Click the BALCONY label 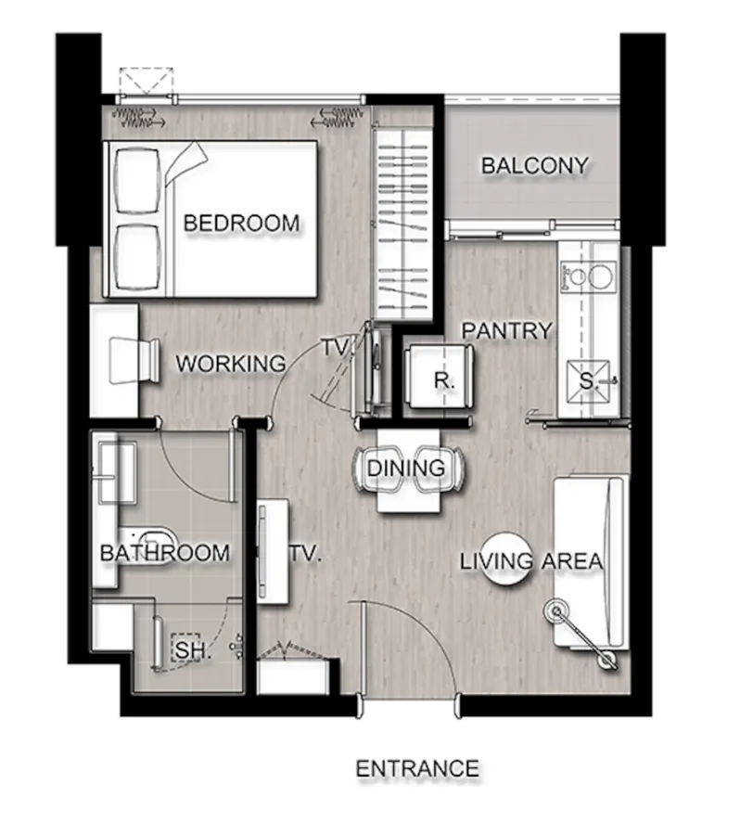tap(535, 166)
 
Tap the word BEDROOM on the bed tap(242, 223)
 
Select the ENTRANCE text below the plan tap(417, 768)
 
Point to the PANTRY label tap(506, 330)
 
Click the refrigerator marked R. tap(439, 377)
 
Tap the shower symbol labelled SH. tap(185, 649)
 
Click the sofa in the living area tap(589, 563)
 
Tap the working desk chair tap(134, 360)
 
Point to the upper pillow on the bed tap(137, 182)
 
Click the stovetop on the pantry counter tap(588, 277)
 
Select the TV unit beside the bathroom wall tap(272, 551)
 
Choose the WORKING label tap(231, 364)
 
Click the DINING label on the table tap(406, 469)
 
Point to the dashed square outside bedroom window tap(146, 81)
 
